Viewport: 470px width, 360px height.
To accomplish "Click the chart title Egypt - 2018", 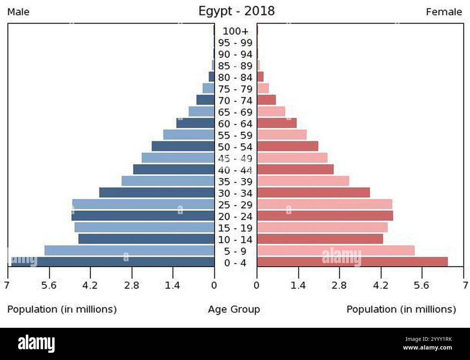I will tap(236, 11).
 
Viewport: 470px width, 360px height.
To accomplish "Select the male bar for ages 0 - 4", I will tap(112, 262).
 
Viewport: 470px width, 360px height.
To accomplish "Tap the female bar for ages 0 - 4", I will tap(352, 262).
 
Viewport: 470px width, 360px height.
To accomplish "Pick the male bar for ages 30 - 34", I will tap(157, 192).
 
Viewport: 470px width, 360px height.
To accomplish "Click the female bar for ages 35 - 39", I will tap(303, 181).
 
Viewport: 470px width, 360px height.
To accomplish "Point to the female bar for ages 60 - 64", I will tap(277, 123).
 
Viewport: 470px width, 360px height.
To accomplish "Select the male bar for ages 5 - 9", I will tap(129, 250).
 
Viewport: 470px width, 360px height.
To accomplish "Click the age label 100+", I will tap(235, 31).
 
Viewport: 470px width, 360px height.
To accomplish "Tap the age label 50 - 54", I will tap(235, 147).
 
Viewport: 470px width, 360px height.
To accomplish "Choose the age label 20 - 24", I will tap(235, 216).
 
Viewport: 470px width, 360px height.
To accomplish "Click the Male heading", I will tap(18, 12).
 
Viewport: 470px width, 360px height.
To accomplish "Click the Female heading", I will tap(444, 12).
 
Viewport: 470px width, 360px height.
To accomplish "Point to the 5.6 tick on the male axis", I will tap(49, 285).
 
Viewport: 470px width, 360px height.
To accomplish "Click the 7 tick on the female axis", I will tap(465, 285).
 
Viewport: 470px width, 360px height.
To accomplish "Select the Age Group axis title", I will tap(234, 309).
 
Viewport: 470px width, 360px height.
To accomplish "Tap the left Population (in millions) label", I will tap(62, 309).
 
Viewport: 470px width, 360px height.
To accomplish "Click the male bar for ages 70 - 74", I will tap(205, 100).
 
